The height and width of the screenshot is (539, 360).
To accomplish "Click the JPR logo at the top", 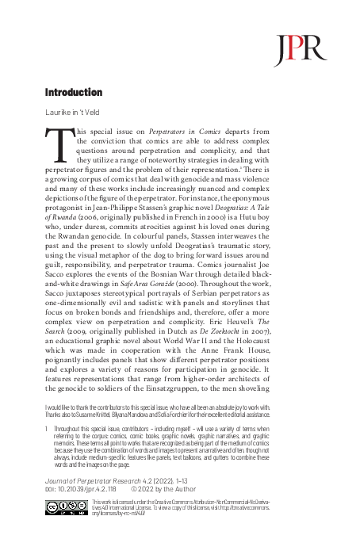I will (x=289, y=48).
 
